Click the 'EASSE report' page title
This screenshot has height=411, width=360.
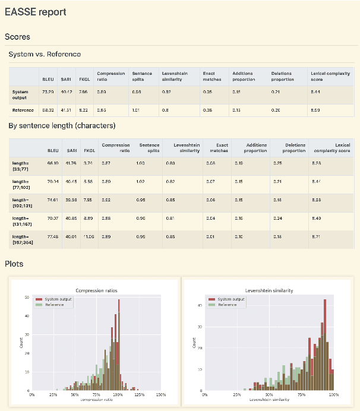pos(36,12)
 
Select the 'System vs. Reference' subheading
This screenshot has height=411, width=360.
pos(45,55)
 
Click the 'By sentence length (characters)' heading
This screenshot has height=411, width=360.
pos(62,126)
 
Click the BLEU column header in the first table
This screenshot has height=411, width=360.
pos(48,79)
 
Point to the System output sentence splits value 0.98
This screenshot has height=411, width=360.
pos(137,92)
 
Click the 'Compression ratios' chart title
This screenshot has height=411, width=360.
pos(96,290)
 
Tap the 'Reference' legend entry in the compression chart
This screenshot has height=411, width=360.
pos(55,304)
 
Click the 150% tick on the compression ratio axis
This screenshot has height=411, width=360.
pos(160,394)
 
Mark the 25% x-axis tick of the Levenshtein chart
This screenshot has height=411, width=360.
pos(236,394)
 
